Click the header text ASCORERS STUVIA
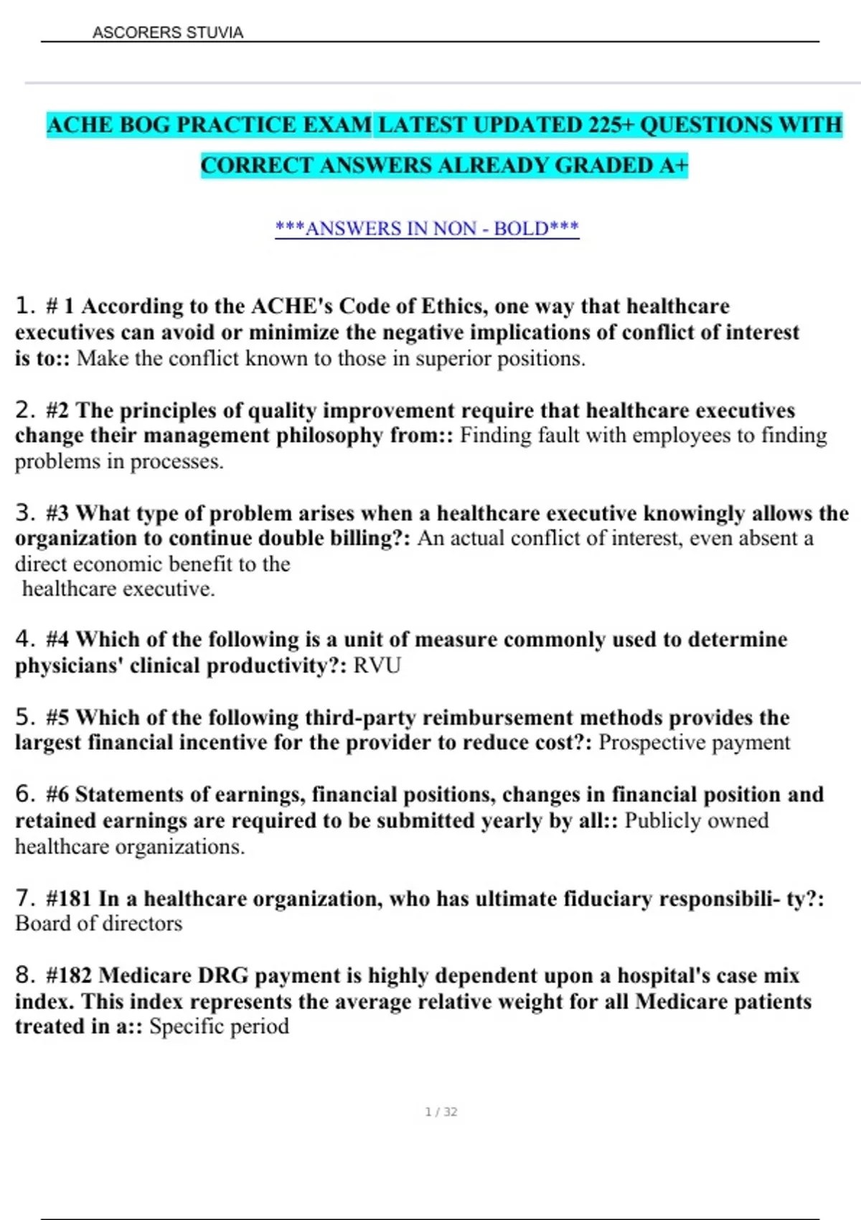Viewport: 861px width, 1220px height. pyautogui.click(x=168, y=33)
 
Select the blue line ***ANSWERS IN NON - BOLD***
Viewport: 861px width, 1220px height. pyautogui.click(x=427, y=228)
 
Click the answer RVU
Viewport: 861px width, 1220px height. pyautogui.click(x=377, y=665)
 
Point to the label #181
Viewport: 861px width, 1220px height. pyautogui.click(x=69, y=898)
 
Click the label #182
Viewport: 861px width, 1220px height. pyautogui.click(x=69, y=975)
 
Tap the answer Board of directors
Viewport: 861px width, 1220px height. pyautogui.click(x=99, y=924)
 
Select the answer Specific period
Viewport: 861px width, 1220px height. pyautogui.click(x=219, y=1026)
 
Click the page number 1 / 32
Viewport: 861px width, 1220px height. pyautogui.click(x=441, y=1112)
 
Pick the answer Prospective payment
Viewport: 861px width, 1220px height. pyautogui.click(x=694, y=742)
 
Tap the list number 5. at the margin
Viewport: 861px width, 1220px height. pyautogui.click(x=25, y=717)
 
